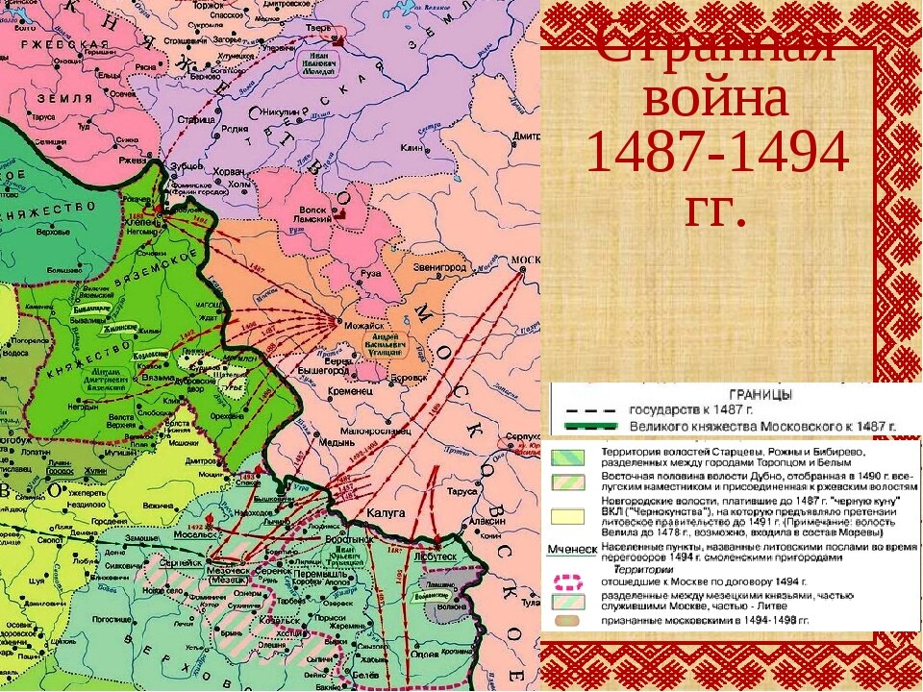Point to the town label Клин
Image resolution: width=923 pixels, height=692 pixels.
pyautogui.click(x=412, y=148)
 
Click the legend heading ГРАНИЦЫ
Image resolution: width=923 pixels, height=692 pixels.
pyautogui.click(x=761, y=394)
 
